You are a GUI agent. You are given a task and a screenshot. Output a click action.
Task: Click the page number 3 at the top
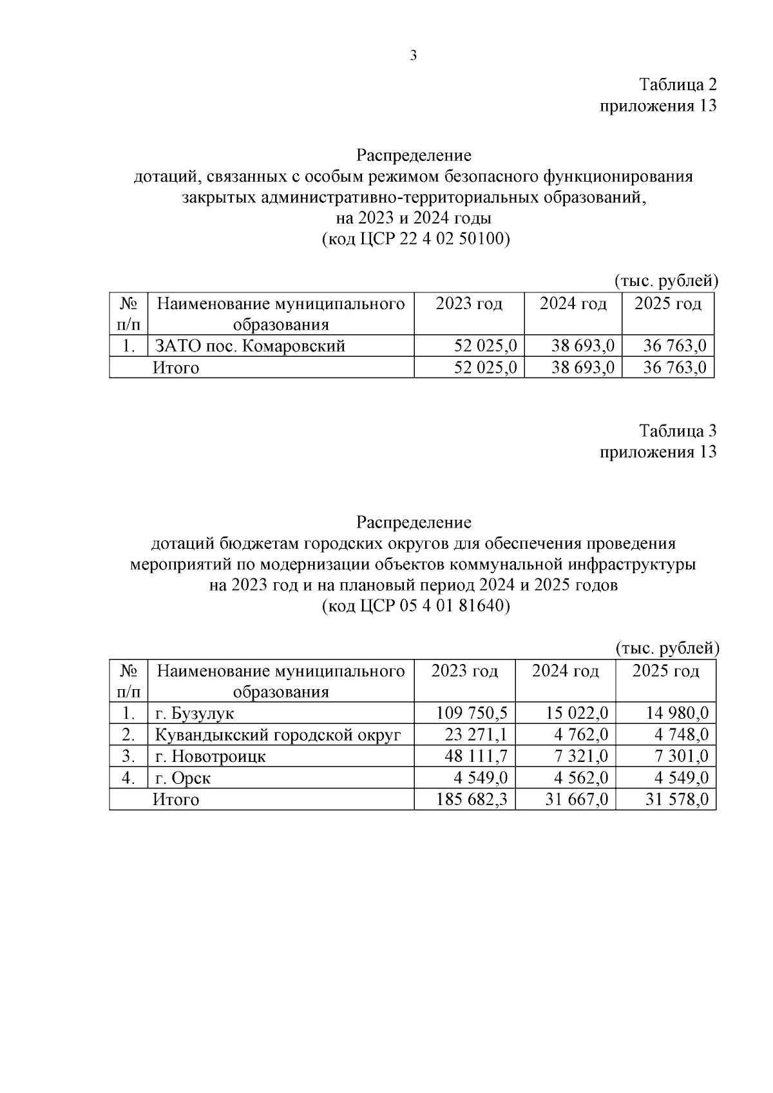tap(414, 56)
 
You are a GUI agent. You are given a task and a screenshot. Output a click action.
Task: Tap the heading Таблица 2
tap(677, 84)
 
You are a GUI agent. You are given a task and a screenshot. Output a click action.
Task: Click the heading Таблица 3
tap(677, 430)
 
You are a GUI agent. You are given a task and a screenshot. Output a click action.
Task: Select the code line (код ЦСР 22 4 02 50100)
tap(415, 240)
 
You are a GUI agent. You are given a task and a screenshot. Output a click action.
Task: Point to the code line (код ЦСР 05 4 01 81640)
tap(415, 607)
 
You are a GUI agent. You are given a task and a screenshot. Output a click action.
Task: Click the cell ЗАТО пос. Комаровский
tap(251, 346)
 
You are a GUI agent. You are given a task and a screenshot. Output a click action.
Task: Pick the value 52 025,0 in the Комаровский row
tap(485, 346)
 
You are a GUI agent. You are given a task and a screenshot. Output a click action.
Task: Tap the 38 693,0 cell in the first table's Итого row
tap(583, 368)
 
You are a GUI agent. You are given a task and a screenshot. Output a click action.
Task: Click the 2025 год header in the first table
tap(668, 303)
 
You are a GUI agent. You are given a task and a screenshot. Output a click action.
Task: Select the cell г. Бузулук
tap(195, 714)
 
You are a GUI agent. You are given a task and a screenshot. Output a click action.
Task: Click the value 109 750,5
tap(472, 713)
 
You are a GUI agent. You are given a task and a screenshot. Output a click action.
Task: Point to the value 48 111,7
tap(475, 756)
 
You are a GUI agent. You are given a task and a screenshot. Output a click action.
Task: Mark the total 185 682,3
tap(472, 800)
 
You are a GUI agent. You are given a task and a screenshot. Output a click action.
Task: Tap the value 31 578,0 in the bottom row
tap(676, 800)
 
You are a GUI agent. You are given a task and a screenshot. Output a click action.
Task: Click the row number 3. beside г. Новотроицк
tap(129, 756)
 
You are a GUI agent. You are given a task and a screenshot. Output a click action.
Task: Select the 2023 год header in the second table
tap(464, 672)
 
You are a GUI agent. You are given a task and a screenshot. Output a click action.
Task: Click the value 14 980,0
tap(676, 713)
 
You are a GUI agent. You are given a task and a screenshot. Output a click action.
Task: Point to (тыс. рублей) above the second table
tap(667, 649)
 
